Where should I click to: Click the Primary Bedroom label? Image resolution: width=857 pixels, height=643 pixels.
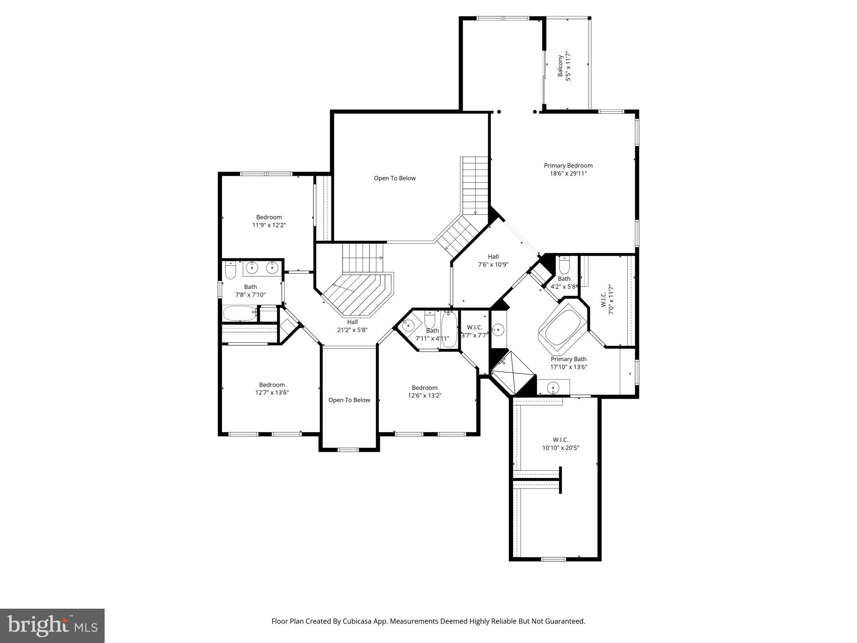568,165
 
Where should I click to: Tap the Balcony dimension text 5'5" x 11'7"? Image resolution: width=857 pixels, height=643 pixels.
568,66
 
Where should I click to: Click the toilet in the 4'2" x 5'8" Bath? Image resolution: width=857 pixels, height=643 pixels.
564,265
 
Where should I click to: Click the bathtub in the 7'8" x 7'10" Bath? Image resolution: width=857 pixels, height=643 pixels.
240,313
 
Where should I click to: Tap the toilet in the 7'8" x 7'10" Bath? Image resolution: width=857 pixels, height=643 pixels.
230,270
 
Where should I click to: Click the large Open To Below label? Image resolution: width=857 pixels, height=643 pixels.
395,178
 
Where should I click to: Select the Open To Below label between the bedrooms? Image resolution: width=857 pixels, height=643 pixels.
349,400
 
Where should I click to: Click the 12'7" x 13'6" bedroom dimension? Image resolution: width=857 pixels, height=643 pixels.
272,393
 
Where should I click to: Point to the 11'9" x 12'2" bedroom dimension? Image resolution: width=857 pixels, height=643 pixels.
269,225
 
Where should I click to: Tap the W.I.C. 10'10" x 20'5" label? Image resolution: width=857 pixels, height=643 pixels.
560,444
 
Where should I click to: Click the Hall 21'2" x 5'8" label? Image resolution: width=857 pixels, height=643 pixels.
352,326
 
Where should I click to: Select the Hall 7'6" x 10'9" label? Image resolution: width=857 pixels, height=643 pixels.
493,260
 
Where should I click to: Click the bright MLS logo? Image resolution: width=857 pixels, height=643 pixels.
52,625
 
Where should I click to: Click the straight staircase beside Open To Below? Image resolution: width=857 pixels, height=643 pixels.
475,184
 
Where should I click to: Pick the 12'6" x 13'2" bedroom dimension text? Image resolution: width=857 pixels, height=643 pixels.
424,396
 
